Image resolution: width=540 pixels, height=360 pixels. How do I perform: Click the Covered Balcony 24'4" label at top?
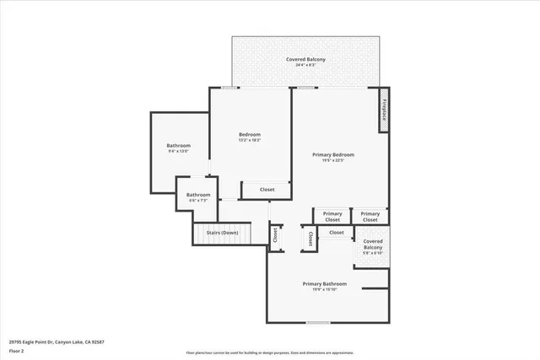click(x=305, y=59)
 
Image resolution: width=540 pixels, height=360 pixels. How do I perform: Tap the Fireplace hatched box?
click(x=384, y=110)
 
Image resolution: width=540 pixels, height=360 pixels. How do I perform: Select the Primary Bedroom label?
click(x=332, y=154)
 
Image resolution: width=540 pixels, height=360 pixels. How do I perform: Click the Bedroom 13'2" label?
click(x=250, y=135)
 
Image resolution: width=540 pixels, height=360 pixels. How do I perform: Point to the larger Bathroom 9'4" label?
click(x=178, y=146)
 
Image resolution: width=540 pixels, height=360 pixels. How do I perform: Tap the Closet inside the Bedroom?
click(x=267, y=190)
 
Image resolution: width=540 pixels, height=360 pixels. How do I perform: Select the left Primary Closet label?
click(x=332, y=216)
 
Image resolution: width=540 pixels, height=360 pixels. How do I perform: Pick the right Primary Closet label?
click(x=370, y=216)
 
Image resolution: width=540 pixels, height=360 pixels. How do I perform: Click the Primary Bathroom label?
click(x=325, y=284)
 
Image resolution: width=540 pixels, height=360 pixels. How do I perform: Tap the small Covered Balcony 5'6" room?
click(x=372, y=247)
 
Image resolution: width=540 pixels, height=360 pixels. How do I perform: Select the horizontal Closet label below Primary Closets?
click(x=336, y=232)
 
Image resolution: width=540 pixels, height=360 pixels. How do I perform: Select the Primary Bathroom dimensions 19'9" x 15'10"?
click(x=325, y=290)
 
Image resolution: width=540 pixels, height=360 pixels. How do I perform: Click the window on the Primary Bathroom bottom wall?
click(x=317, y=323)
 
